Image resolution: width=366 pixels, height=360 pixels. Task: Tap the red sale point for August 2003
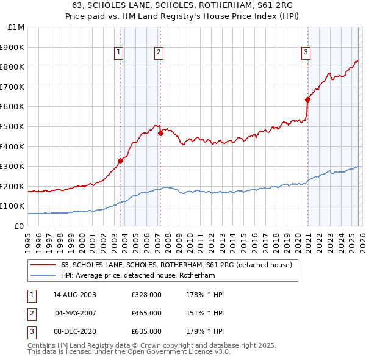click(121, 160)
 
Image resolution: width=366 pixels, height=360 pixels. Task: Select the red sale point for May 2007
click(160, 133)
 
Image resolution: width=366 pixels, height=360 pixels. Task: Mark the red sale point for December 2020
click(307, 99)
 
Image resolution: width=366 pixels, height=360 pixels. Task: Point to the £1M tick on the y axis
click(16, 27)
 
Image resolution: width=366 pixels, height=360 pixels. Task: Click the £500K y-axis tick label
click(13, 127)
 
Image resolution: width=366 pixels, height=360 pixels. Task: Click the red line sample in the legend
click(43, 265)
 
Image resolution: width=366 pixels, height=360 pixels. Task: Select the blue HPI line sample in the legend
click(43, 275)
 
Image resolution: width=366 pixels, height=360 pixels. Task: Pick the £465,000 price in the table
click(146, 313)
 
